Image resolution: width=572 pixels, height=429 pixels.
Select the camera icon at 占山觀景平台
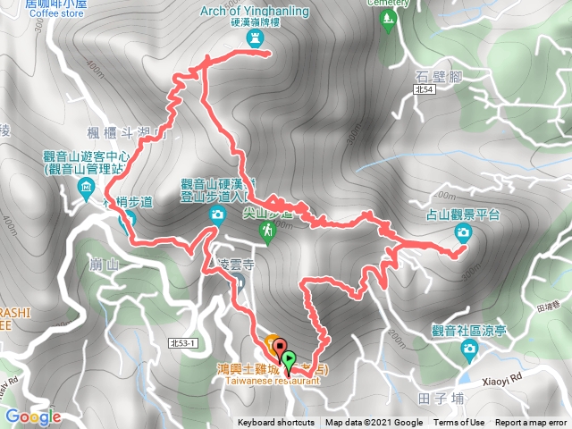click(463, 234)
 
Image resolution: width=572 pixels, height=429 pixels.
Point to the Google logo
click(32, 416)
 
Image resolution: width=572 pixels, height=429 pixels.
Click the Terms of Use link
click(459, 423)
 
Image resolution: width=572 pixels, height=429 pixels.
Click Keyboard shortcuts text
click(276, 423)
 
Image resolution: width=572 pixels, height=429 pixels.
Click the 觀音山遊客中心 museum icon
click(85, 188)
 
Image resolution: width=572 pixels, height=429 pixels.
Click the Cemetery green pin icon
click(387, 23)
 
